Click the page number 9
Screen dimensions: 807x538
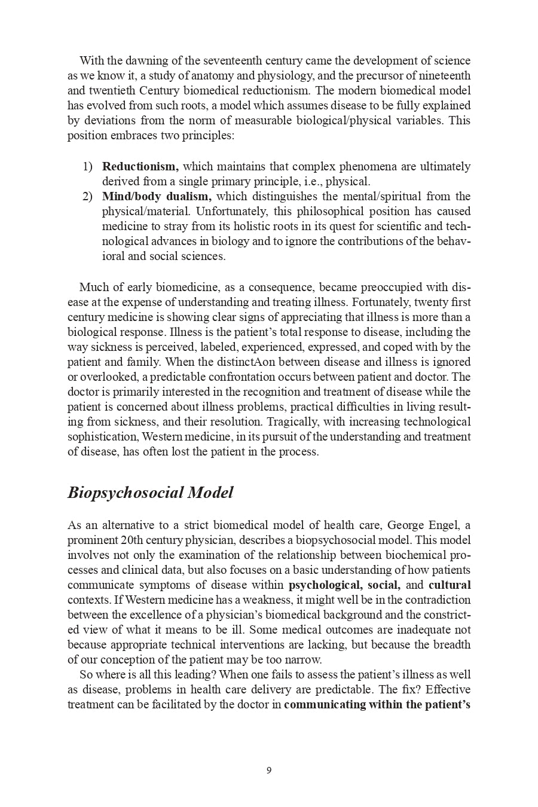269,770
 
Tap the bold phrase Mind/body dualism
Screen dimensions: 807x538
157,196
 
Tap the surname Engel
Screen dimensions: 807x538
443,525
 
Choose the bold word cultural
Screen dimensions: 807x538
450,585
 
